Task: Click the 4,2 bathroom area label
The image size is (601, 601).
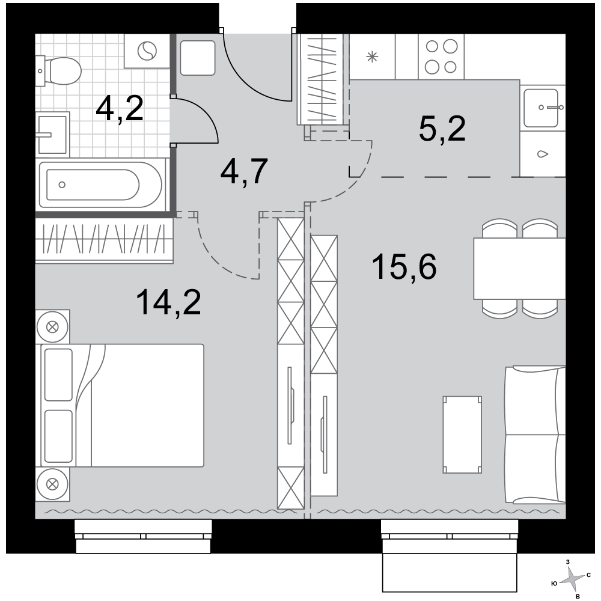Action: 120,108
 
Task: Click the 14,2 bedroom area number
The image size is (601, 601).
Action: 168,302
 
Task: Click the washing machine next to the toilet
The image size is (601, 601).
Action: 147,51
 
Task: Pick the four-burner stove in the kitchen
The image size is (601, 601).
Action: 441,56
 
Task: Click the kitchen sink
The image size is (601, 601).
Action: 541,108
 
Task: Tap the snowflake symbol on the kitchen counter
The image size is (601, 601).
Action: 372,57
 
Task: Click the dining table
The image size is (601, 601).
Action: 519,268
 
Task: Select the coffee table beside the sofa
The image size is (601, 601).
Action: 462,435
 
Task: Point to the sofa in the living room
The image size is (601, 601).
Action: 535,435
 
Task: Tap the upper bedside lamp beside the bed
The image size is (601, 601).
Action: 52,327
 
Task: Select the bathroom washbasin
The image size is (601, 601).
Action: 52,134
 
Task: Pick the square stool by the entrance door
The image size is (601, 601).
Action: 197,58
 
